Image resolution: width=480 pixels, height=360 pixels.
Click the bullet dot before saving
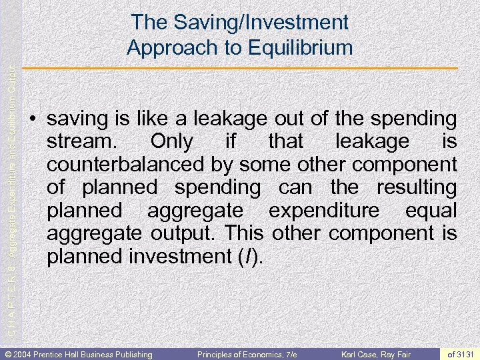33,121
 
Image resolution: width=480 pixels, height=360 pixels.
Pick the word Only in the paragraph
171,142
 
